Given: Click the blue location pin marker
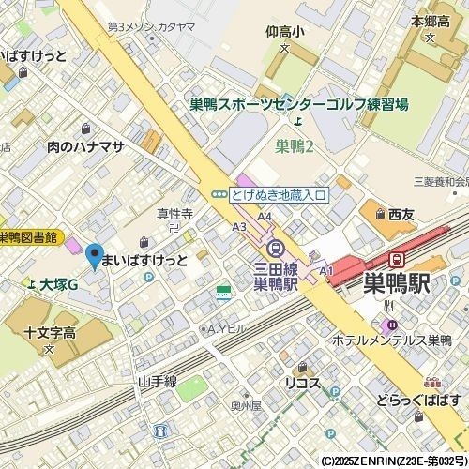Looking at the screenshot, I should pos(93,254).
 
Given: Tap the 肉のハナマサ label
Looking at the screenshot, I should pos(86,146).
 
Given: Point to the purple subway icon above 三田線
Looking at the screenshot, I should pos(275,249).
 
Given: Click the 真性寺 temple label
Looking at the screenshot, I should pos(174,214).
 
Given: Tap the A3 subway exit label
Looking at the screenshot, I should pos(239,226).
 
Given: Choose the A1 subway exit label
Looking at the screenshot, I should pos(326,271).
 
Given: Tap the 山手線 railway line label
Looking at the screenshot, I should pos(157,381).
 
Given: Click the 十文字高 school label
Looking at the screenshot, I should pos(50,333).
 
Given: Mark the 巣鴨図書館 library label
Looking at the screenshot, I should pos(28,237).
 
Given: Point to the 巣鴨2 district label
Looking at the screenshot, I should pos(295,145).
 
